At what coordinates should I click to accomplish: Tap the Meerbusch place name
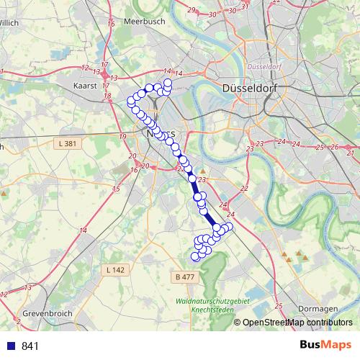click(x=145, y=22)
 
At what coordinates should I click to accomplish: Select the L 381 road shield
click(x=64, y=144)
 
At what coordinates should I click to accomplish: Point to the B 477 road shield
click(x=185, y=276)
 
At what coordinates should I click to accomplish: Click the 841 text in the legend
click(x=31, y=346)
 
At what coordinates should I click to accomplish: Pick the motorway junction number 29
click(x=191, y=9)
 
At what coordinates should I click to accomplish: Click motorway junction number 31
click(x=245, y=7)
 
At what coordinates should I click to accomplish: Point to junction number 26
click(x=334, y=147)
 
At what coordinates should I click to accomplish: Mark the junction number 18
click(x=107, y=95)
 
